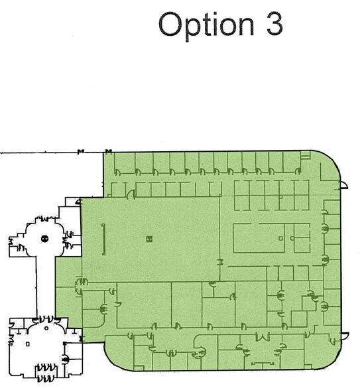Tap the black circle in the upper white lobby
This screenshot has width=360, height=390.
click(x=44, y=238)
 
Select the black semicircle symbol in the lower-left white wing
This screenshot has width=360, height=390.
click(x=66, y=359)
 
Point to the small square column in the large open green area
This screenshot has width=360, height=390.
click(x=149, y=237)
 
